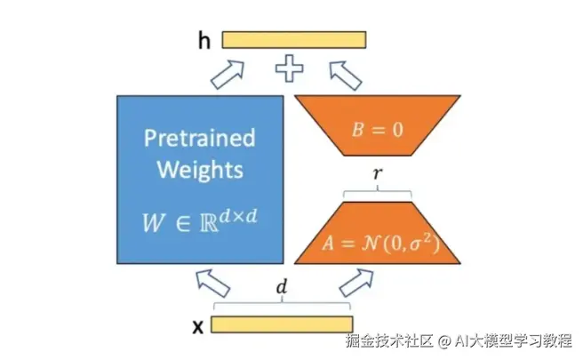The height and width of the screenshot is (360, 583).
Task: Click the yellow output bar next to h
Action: (293, 39)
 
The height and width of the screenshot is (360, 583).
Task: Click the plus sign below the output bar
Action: (288, 68)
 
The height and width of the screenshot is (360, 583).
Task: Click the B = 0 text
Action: (377, 129)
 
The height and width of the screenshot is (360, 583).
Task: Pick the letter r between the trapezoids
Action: (378, 175)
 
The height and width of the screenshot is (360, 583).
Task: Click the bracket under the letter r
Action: (378, 193)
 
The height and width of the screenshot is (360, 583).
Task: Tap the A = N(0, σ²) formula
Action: (377, 241)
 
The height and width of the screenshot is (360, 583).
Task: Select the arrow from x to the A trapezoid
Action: (355, 285)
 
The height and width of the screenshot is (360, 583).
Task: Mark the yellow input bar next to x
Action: (282, 324)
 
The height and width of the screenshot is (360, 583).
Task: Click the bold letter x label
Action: (198, 325)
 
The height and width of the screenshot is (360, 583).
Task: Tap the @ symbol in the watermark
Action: (438, 340)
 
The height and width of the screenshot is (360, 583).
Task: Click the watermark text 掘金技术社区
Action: (387, 340)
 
